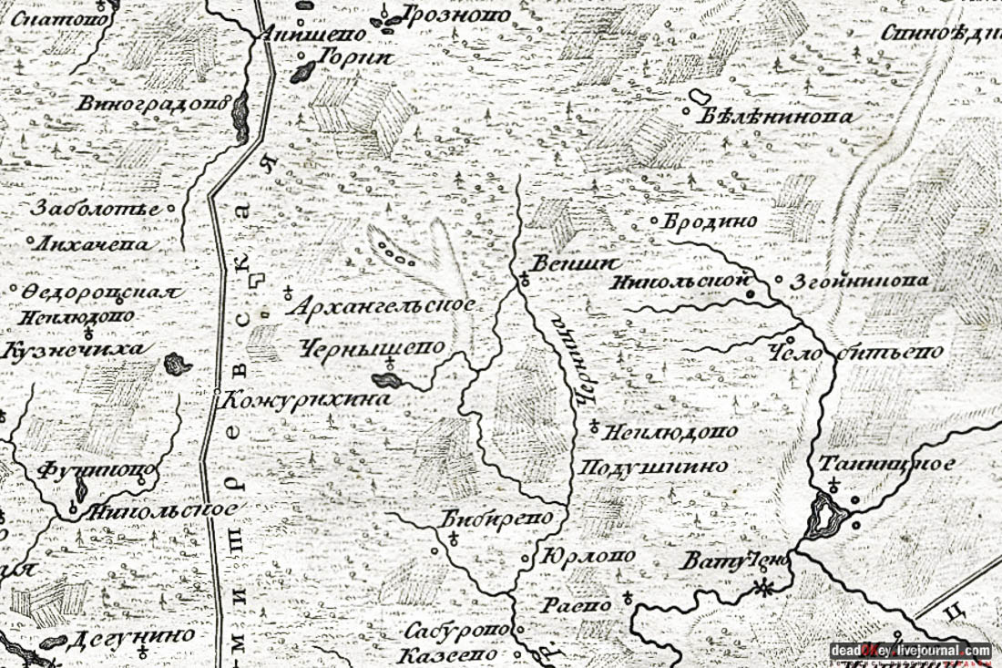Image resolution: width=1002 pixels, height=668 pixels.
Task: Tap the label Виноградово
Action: tap(153, 103)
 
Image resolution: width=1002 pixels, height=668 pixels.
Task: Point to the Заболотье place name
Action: tap(94, 208)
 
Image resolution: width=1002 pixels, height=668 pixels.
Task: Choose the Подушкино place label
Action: tap(654, 466)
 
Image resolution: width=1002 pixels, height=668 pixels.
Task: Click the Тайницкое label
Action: tap(886, 464)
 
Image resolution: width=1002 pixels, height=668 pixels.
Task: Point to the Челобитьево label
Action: tap(855, 353)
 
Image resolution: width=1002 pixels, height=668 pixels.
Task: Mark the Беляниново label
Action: tap(777, 117)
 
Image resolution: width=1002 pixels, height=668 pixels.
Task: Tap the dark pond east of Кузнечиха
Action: tap(176, 365)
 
